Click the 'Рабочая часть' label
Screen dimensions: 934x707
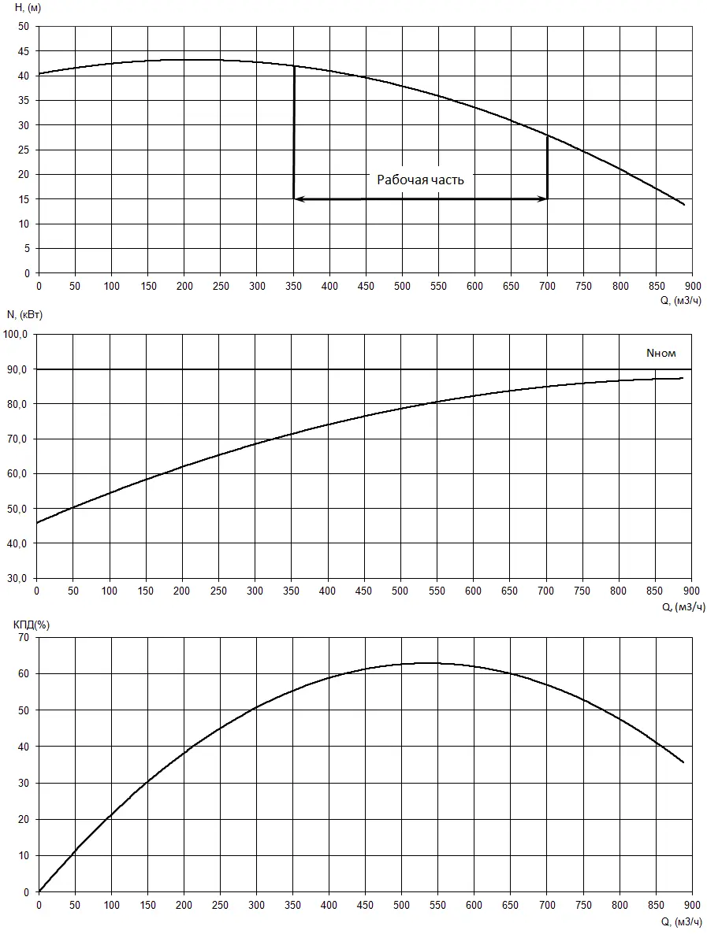pos(420,180)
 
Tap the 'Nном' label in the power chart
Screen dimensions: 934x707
pos(661,354)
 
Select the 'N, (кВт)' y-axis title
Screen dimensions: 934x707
pos(24,315)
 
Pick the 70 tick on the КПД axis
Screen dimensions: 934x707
pos(24,637)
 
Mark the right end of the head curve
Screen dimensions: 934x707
pos(684,205)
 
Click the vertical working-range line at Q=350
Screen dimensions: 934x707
pos(294,134)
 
